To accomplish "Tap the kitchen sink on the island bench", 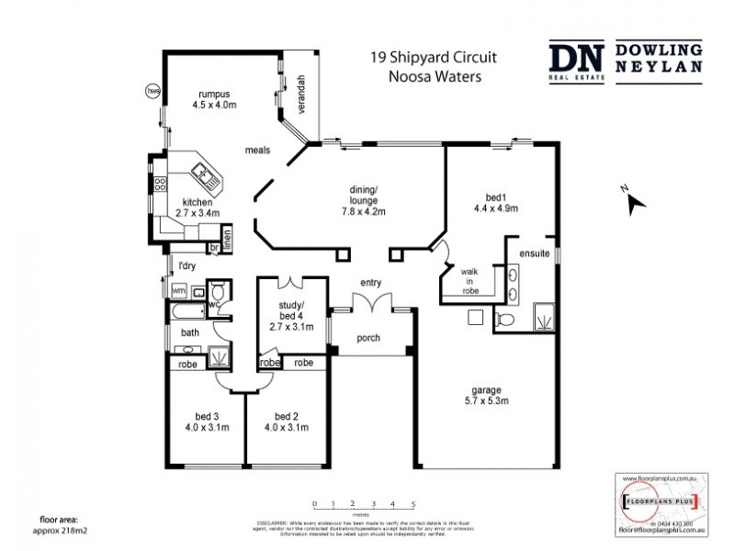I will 201,172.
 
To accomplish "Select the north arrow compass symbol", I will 632,202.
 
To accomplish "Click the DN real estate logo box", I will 576,62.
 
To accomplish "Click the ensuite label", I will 534,253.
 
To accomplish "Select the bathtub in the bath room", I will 188,312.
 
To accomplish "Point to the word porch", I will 368,338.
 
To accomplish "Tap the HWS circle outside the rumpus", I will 153,91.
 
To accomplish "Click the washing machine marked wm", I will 180,290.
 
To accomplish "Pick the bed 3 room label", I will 207,421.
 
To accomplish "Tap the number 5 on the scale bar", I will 413,504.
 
